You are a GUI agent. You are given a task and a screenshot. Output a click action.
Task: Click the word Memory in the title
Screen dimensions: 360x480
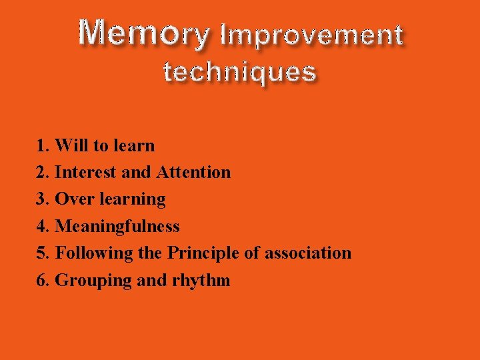click(x=143, y=33)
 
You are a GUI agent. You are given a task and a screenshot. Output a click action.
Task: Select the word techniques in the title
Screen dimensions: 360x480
click(x=239, y=71)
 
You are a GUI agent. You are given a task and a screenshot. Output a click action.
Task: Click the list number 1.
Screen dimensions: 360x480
click(x=43, y=145)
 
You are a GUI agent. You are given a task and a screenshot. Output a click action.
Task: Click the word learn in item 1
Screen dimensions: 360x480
click(x=135, y=145)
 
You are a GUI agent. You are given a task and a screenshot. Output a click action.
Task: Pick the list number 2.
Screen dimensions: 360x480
click(x=43, y=172)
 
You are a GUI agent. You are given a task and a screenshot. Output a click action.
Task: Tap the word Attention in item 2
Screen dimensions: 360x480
click(x=193, y=172)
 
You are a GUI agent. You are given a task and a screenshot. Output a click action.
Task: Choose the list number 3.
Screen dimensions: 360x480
click(x=43, y=199)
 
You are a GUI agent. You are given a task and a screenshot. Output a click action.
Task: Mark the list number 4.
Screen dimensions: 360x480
click(x=43, y=226)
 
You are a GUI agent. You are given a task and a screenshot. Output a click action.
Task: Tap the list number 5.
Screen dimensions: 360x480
click(x=43, y=253)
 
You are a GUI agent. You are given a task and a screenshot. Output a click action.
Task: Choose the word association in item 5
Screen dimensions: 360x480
click(x=308, y=253)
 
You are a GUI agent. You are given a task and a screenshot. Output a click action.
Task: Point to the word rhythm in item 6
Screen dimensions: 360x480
click(x=201, y=281)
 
